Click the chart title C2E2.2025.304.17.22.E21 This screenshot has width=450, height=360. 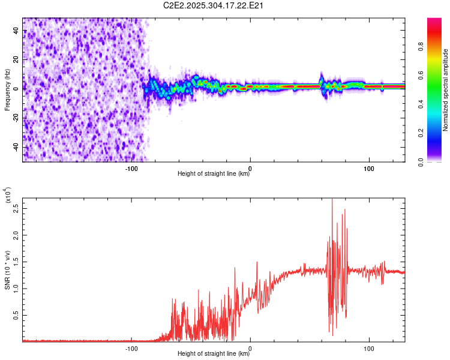pyautogui.click(x=214, y=6)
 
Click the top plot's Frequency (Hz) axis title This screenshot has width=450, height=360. pyautogui.click(x=7, y=89)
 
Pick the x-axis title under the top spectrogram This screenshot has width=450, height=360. pyautogui.click(x=214, y=174)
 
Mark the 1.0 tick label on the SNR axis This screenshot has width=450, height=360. pyautogui.click(x=16, y=288)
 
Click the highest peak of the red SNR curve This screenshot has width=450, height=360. pyautogui.click(x=332, y=199)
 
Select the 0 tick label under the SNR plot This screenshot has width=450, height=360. pyautogui.click(x=250, y=347)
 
